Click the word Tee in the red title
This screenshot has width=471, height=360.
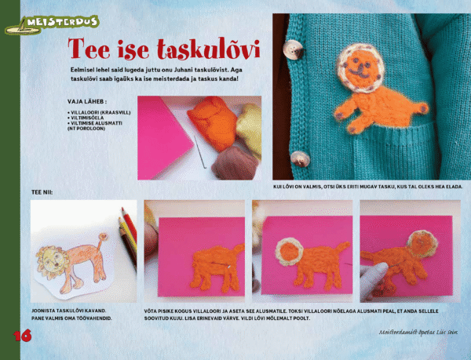coord(90,49)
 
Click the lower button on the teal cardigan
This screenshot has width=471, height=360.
coord(299,157)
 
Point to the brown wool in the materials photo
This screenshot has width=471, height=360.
coord(228,161)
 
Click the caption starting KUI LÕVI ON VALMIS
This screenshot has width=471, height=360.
coord(367,187)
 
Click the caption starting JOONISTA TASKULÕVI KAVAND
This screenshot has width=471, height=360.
coord(75,311)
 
